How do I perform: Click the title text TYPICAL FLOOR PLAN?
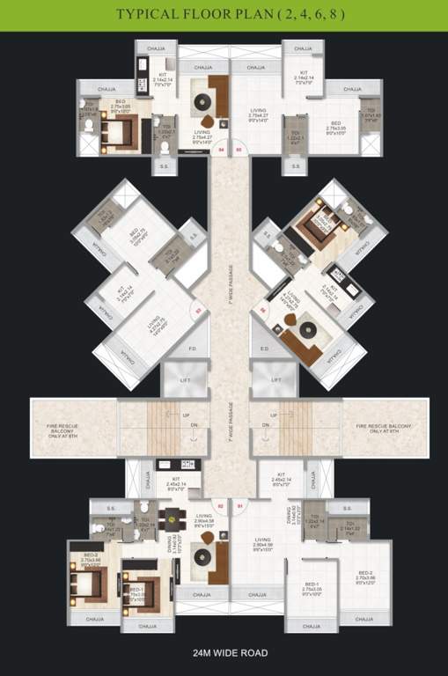tap(224, 15)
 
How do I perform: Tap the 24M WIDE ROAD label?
tap(224, 653)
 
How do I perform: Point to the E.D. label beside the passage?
tap(263, 349)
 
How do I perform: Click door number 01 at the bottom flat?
tap(239, 506)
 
